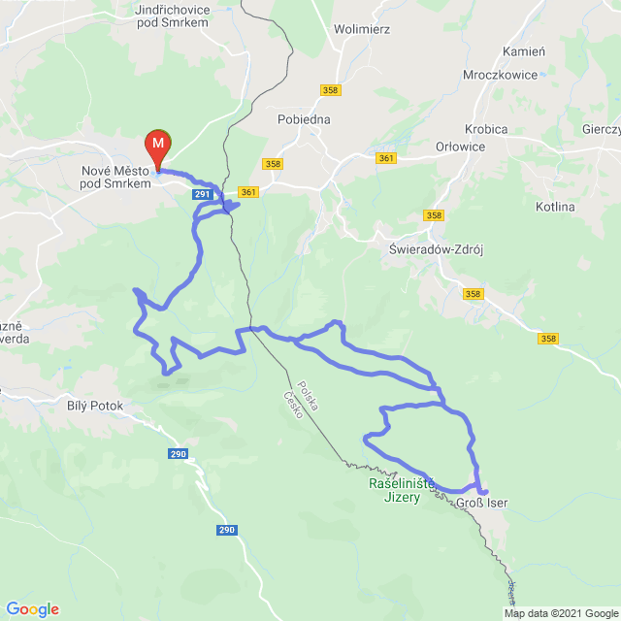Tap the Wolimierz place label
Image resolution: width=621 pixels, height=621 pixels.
[x=361, y=29]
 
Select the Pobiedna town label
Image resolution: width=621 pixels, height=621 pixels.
[x=304, y=119]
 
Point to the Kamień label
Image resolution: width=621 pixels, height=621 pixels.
[x=525, y=50]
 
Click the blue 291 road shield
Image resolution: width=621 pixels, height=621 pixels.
[x=201, y=195]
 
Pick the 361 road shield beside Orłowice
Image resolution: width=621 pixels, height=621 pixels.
[x=387, y=158]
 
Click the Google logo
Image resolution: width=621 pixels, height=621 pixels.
[x=33, y=609]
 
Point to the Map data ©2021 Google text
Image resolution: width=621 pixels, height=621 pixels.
[x=561, y=613]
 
